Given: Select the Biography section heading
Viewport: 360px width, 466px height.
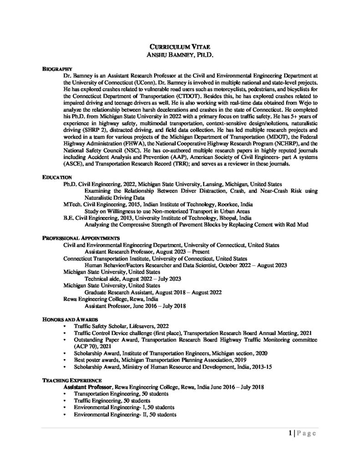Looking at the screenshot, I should click(x=55, y=68).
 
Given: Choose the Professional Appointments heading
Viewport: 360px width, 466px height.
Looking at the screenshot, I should click(x=81, y=238).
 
